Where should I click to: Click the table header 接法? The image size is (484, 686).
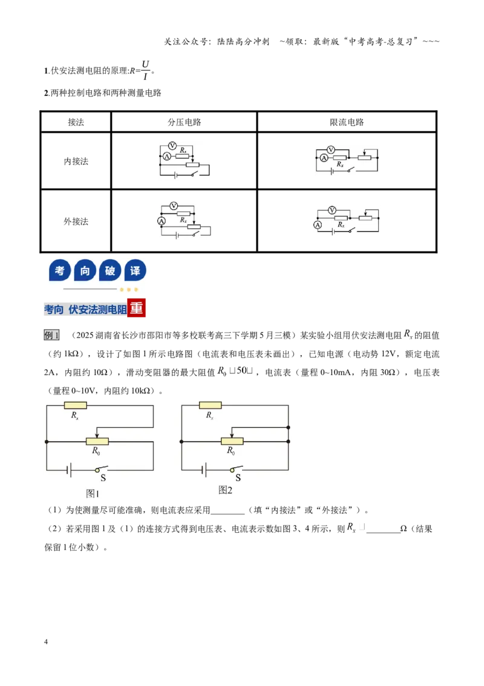[76, 122]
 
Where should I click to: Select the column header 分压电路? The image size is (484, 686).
[185, 122]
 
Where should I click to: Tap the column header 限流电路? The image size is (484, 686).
[347, 122]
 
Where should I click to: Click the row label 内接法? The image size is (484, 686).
[76, 161]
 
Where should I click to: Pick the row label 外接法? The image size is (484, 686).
[76, 221]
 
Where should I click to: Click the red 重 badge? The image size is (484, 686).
[136, 308]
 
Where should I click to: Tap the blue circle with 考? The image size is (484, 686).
[60, 270]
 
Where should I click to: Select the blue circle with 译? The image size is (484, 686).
[136, 270]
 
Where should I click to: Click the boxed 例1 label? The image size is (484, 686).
[51, 335]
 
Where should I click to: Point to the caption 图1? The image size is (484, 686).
[93, 493]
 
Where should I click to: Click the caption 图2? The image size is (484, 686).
[226, 490]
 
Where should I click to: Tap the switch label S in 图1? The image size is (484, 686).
[103, 478]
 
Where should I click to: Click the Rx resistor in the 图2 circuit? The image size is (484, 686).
[210, 405]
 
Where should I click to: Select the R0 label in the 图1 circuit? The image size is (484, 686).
[96, 451]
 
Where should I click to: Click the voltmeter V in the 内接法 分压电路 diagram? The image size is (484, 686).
[172, 145]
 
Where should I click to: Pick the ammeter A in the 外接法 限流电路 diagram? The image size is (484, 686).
[318, 225]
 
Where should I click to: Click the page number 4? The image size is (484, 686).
[46, 642]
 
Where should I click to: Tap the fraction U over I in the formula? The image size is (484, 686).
[145, 70]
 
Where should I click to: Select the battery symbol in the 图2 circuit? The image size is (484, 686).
[204, 470]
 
